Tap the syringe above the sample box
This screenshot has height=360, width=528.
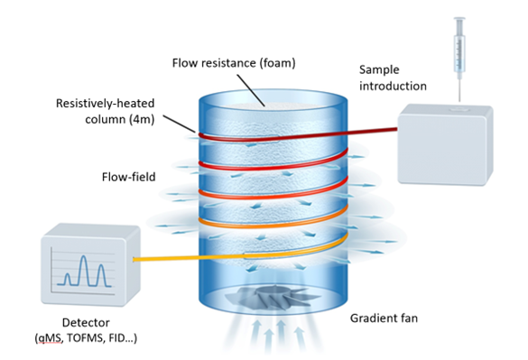[x=460, y=49]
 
